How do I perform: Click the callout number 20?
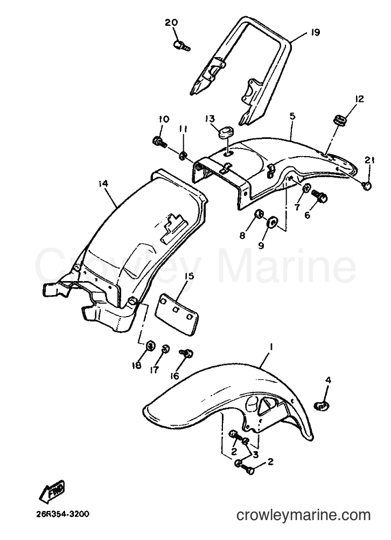pyautogui.click(x=171, y=23)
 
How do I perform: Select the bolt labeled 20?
pyautogui.click(x=181, y=45)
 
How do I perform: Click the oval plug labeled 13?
pyautogui.click(x=226, y=132)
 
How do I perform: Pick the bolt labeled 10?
pyautogui.click(x=159, y=141)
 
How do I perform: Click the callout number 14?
pyautogui.click(x=103, y=184)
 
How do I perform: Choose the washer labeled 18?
pyautogui.click(x=151, y=346)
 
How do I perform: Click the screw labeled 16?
pyautogui.click(x=186, y=353)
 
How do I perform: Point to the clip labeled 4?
pyautogui.click(x=323, y=406)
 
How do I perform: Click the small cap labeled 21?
pyautogui.click(x=368, y=186)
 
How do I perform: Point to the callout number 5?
pyautogui.click(x=292, y=116)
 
